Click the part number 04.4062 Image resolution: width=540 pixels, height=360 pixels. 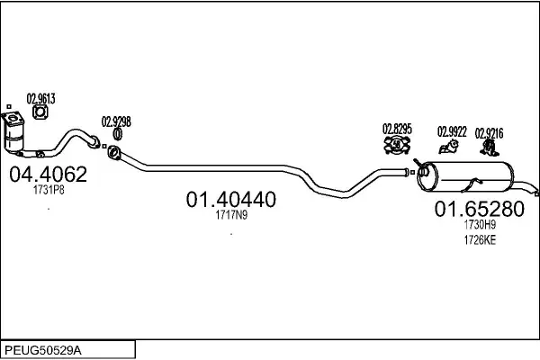pyautogui.click(x=48, y=174)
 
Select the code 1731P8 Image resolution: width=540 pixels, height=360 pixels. pyautogui.click(x=48, y=191)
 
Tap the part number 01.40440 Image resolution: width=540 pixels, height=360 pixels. pyautogui.click(x=231, y=198)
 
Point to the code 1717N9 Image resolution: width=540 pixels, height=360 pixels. pyautogui.click(x=231, y=214)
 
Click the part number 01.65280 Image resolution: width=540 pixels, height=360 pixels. pyautogui.click(x=480, y=210)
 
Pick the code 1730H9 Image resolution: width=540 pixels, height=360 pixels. pyautogui.click(x=480, y=226)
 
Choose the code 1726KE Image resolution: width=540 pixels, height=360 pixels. pyautogui.click(x=480, y=239)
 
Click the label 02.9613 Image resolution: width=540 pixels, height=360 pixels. pyautogui.click(x=40, y=99)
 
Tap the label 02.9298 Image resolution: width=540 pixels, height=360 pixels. pyautogui.click(x=116, y=121)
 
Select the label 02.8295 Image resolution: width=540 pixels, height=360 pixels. pyautogui.click(x=397, y=128)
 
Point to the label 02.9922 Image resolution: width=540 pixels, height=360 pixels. pyautogui.click(x=452, y=132)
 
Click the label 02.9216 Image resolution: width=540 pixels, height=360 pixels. pyautogui.click(x=490, y=133)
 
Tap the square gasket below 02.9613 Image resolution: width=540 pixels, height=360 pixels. pyautogui.click(x=40, y=112)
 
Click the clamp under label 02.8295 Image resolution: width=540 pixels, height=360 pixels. pyautogui.click(x=396, y=144)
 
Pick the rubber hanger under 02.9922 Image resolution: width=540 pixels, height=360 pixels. pyautogui.click(x=446, y=146)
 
